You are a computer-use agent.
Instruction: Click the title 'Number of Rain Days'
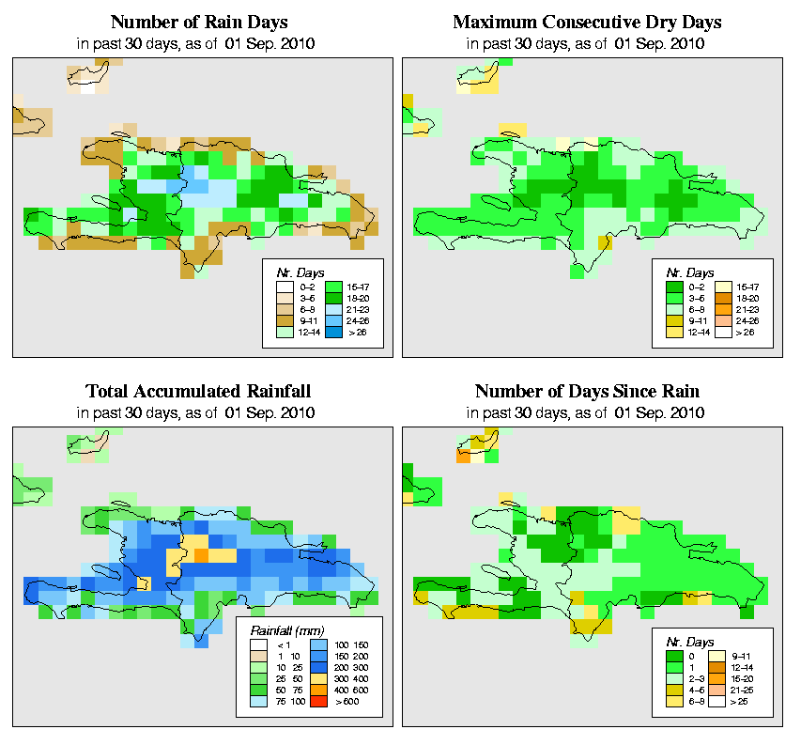[x=199, y=22]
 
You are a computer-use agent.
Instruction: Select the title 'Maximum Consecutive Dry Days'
[x=587, y=22]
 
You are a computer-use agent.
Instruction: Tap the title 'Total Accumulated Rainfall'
[x=199, y=391]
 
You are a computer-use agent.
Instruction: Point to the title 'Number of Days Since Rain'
[x=587, y=391]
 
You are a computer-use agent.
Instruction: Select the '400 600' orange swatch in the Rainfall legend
[x=317, y=688]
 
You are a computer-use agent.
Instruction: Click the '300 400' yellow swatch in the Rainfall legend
[x=317, y=675]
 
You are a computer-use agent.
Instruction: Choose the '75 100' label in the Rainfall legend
[x=285, y=700]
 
